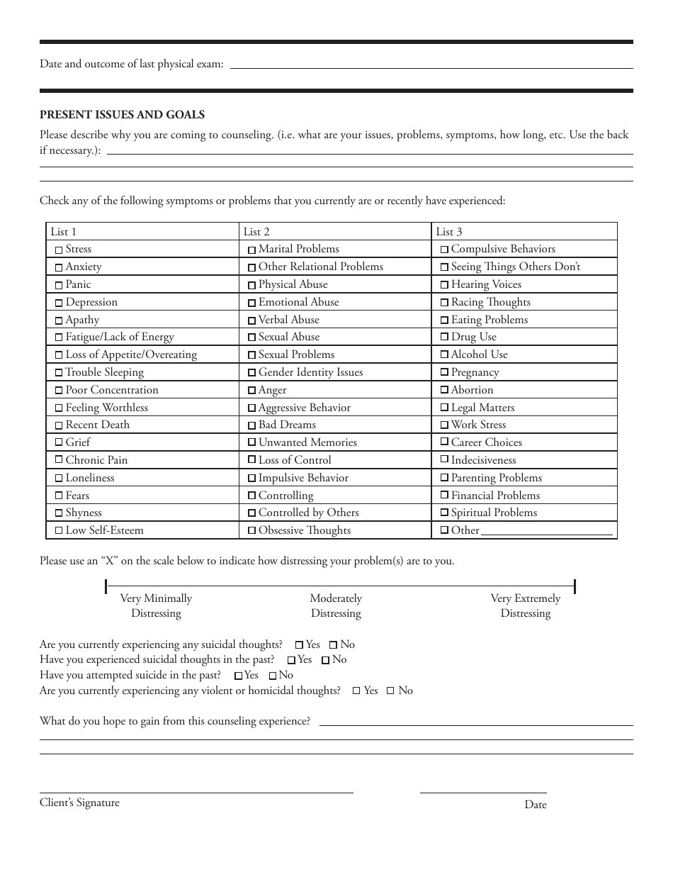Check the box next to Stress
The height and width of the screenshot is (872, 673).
tap(59, 250)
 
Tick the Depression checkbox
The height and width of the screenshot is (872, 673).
tap(59, 303)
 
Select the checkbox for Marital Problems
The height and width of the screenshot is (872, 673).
tap(251, 250)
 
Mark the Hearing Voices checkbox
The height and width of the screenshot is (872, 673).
tap(444, 285)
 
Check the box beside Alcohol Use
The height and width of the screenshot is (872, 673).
tap(444, 355)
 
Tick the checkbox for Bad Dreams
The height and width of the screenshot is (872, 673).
tap(251, 425)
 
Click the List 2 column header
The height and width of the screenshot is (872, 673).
tap(256, 232)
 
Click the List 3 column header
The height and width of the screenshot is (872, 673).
tap(449, 232)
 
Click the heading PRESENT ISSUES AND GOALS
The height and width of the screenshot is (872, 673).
tap(122, 115)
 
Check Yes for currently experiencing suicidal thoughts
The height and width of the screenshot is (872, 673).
tap(299, 645)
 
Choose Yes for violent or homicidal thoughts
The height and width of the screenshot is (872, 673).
tap(356, 691)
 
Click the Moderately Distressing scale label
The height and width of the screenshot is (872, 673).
tap(336, 605)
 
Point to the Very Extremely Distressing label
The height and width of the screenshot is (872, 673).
tap(525, 605)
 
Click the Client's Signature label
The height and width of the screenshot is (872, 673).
tap(79, 803)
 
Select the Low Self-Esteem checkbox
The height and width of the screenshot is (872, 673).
tap(59, 531)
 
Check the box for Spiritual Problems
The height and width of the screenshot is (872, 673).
tap(444, 513)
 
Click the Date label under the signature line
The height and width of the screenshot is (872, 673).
tap(536, 805)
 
